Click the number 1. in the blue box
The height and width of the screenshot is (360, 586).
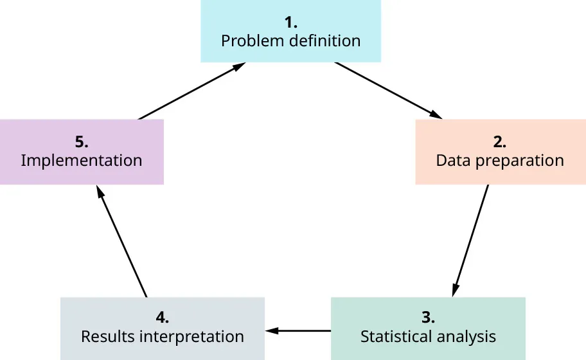290,23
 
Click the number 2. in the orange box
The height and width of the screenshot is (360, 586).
499,142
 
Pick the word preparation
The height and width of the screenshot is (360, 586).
518,161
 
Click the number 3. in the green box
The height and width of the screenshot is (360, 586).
428,318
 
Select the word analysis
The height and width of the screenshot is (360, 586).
467,336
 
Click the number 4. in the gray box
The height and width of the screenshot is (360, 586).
162,318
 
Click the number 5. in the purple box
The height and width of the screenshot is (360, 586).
81,142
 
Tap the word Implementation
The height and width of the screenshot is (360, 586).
81,161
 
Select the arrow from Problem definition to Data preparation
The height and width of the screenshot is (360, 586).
388,91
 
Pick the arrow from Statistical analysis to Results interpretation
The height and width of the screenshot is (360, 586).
298,330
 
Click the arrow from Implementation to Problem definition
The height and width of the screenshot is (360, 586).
191,91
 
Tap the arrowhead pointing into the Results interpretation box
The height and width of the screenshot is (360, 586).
271,330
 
